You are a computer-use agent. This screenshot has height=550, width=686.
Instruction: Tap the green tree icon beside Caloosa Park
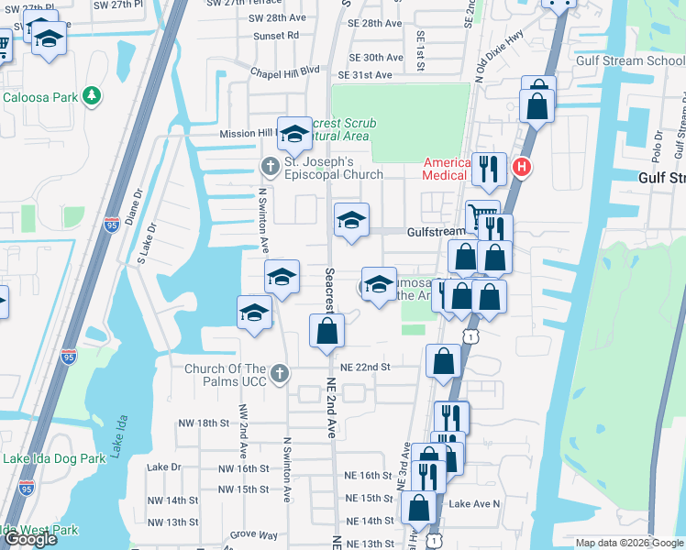91,96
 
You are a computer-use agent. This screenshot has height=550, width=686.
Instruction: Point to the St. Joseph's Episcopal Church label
333,169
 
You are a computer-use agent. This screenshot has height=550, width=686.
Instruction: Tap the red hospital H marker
522,167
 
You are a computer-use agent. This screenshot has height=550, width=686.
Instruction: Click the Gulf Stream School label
630,60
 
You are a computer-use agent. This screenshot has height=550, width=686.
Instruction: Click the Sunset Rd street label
280,35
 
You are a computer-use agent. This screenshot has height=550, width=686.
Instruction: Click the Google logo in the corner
30,539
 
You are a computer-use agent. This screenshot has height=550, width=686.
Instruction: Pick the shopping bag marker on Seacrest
326,331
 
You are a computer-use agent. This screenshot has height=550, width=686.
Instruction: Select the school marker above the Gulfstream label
351,221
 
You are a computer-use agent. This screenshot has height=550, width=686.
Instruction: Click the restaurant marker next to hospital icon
488,169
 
